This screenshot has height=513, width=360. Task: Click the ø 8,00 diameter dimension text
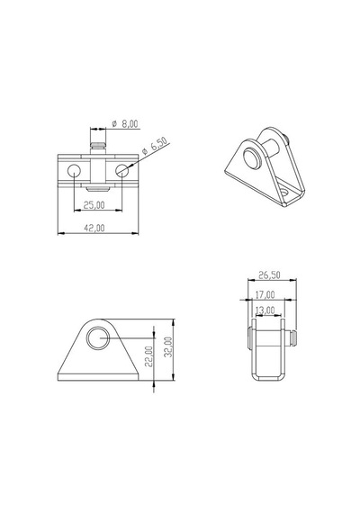[x=125, y=124]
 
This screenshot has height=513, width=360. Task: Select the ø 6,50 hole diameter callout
[x=155, y=146]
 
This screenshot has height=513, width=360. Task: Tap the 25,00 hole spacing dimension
[x=94, y=205]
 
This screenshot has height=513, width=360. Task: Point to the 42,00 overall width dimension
[x=94, y=228]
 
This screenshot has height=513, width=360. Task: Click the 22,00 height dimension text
[x=148, y=356]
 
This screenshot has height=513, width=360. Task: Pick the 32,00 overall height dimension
[x=167, y=347]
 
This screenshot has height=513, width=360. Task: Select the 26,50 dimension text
[x=270, y=274]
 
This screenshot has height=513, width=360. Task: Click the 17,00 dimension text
[x=265, y=295]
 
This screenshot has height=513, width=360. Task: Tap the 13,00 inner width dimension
[x=265, y=310]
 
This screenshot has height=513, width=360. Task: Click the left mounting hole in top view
[x=74, y=170]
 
